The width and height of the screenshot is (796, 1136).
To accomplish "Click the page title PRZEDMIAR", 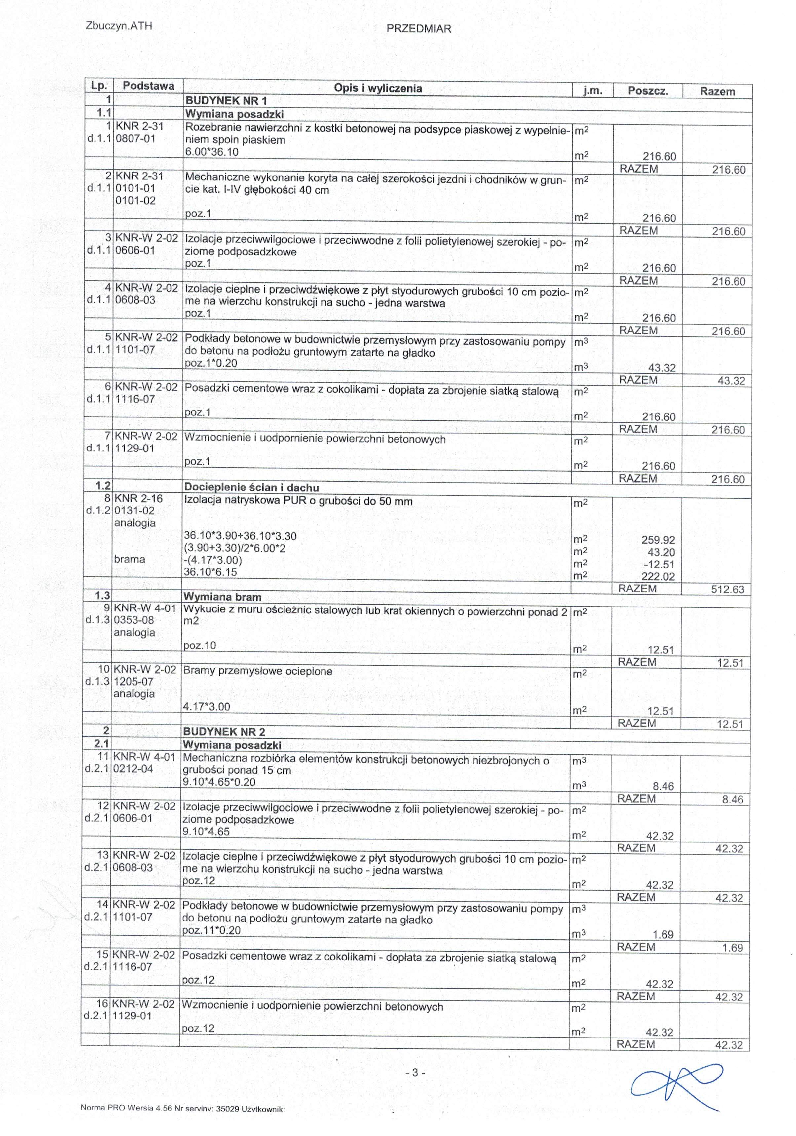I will coord(419,29).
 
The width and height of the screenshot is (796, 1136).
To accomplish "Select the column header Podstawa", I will coord(148,86).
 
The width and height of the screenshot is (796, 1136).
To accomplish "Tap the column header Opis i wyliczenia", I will coord(378,88).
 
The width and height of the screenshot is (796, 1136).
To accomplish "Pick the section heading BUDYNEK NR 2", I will coord(224,732).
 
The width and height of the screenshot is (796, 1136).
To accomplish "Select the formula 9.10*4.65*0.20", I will coord(219,782).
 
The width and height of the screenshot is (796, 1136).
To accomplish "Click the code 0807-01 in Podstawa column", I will coord(135,138).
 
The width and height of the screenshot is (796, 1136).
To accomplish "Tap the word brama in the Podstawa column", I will coord(130,559).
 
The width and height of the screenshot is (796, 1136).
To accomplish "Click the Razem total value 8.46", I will coord(732,800).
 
